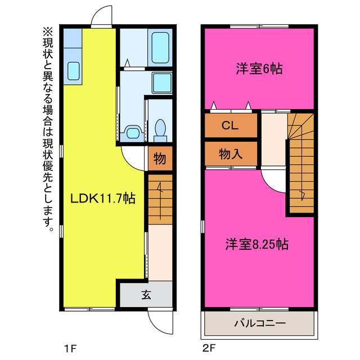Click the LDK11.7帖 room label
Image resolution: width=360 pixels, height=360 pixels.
[102, 198]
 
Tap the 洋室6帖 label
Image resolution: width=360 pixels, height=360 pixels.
[259, 69]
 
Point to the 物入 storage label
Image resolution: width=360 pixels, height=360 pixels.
[230, 153]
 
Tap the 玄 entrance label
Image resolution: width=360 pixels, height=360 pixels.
[146, 294]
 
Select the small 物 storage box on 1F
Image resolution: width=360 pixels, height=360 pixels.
[160, 159]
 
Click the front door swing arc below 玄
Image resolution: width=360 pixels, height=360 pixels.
[159, 321]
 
